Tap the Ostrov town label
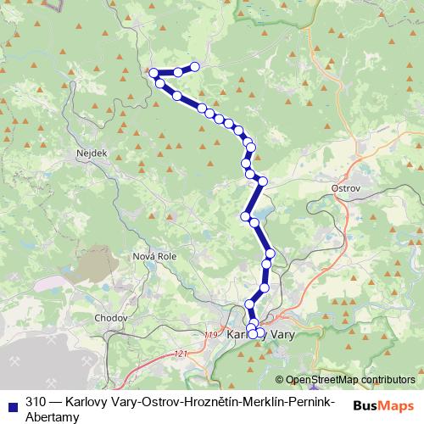(x=346, y=187)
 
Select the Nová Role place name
(x=153, y=255)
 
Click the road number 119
(x=211, y=337)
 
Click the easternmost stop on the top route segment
(x=195, y=66)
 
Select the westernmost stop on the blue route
(x=153, y=73)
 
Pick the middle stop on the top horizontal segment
(x=179, y=72)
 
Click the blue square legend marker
(x=12, y=402)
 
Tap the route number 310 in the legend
(x=36, y=401)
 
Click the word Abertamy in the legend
(x=53, y=416)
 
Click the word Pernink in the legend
(x=296, y=401)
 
